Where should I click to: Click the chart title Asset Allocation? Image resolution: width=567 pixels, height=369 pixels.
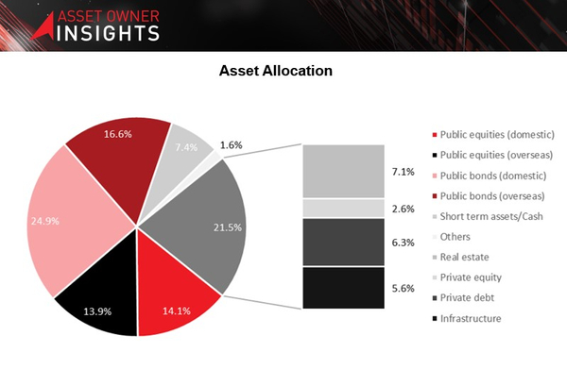(275, 72)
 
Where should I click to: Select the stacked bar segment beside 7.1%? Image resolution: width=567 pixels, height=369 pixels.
(342, 171)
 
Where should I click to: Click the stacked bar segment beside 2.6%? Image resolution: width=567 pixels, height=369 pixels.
(342, 208)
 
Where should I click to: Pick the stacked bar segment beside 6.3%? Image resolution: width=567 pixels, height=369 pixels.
(342, 242)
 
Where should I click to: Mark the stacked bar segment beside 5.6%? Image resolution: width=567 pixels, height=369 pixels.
(342, 287)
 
